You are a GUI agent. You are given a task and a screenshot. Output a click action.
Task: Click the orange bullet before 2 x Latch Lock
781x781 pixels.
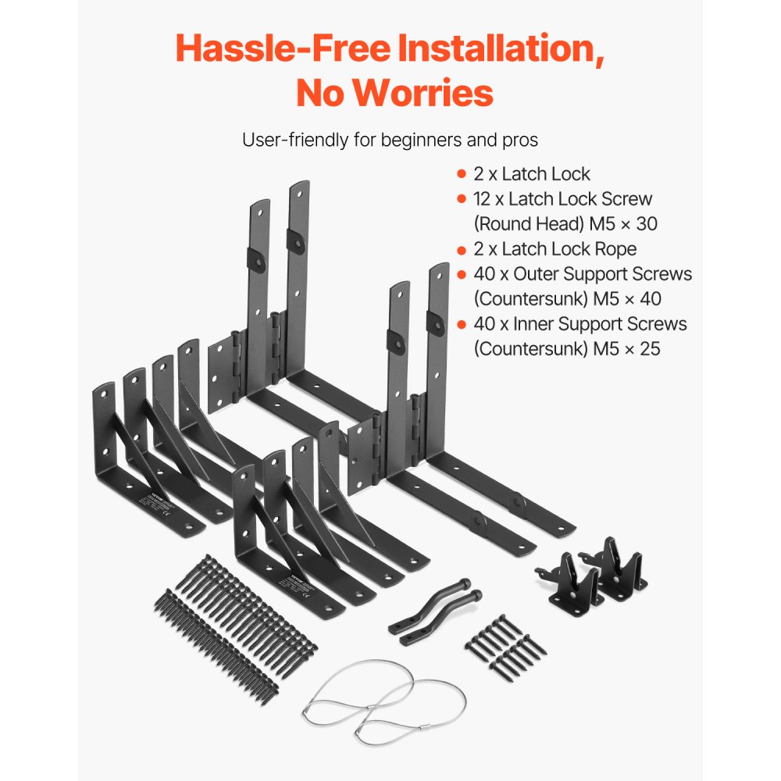pyautogui.click(x=461, y=173)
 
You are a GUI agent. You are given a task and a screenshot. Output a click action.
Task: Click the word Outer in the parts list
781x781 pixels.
pyautogui.click(x=535, y=274)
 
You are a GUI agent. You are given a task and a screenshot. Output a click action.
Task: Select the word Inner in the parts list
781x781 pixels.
pyautogui.click(x=533, y=323)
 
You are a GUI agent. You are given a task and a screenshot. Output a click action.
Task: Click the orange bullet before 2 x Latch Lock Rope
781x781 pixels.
pyautogui.click(x=461, y=249)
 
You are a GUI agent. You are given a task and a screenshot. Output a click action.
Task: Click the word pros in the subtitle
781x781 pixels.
pyautogui.click(x=519, y=141)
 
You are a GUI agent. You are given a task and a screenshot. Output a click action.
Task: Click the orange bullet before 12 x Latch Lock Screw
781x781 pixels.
pyautogui.click(x=461, y=199)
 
